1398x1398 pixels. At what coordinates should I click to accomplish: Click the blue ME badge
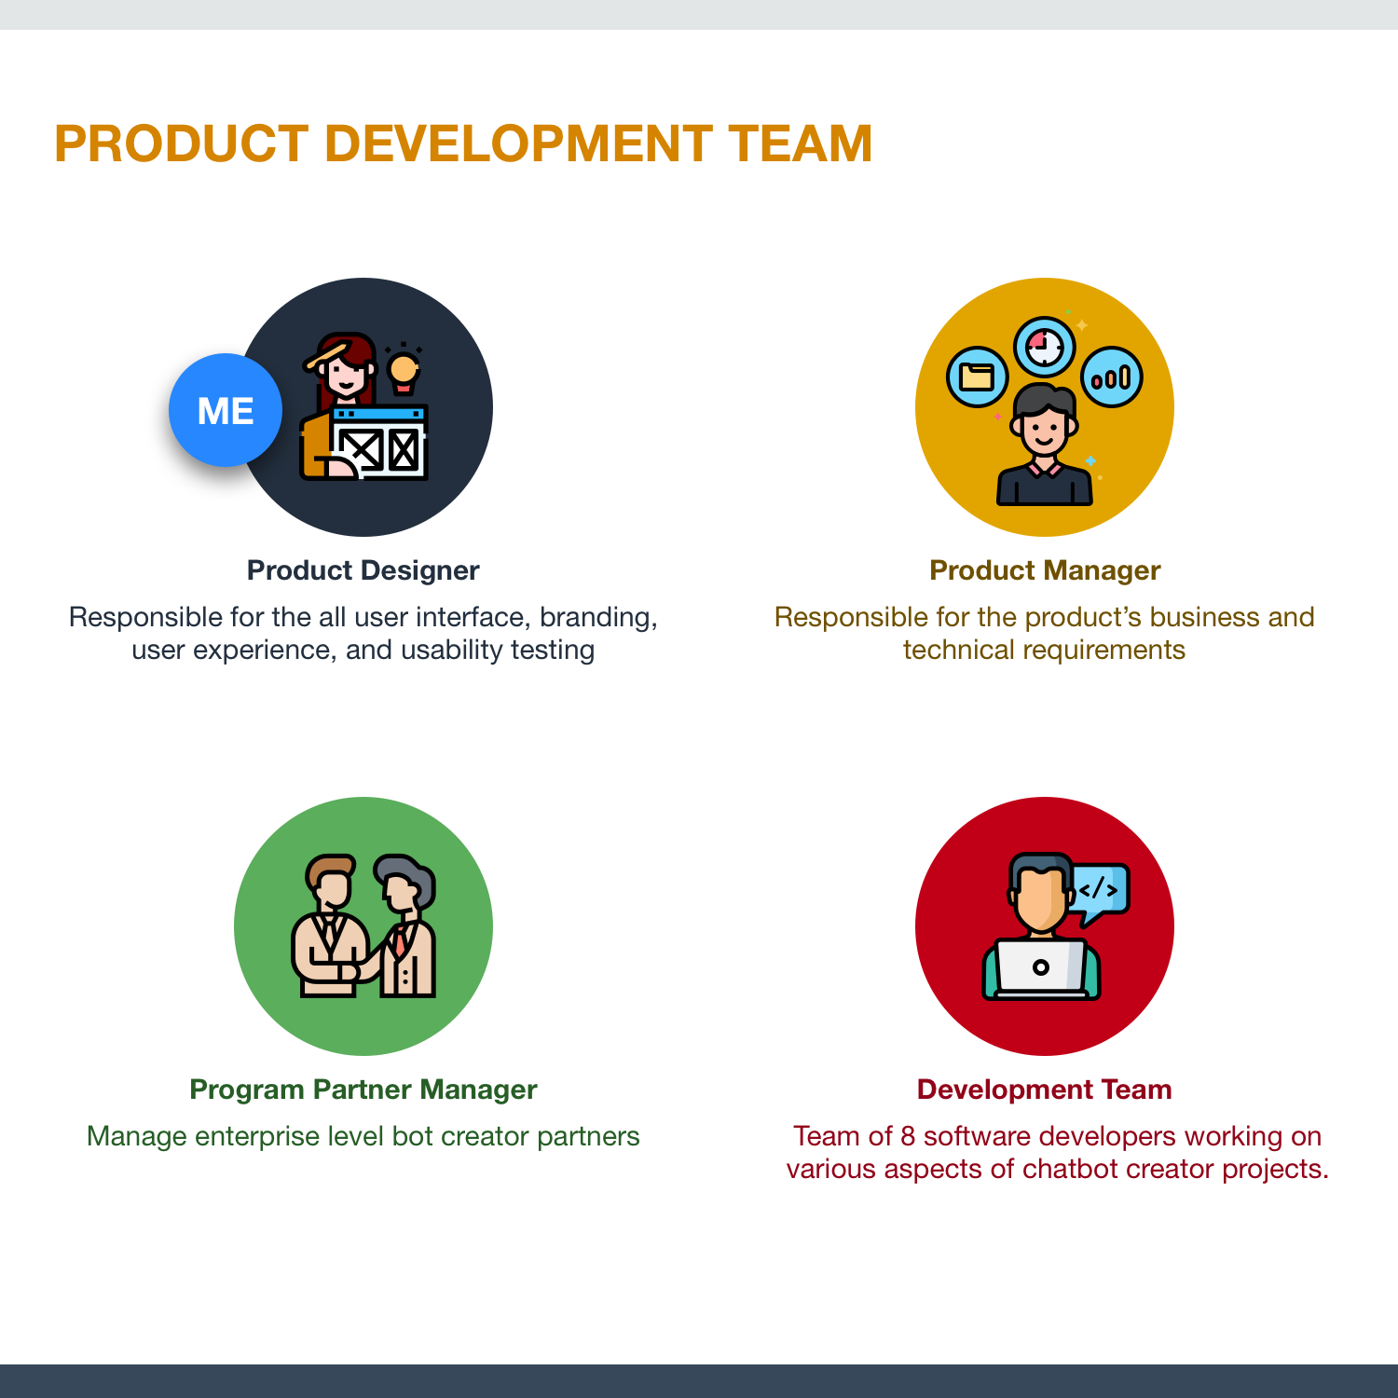point(226,410)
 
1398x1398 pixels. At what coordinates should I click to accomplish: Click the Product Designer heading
point(363,570)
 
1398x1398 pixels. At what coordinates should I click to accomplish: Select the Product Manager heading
point(1045,570)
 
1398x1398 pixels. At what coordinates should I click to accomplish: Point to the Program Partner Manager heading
point(363,1090)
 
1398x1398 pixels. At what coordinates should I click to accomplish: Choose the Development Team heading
point(1045,1090)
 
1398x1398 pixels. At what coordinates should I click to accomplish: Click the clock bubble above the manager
point(1045,348)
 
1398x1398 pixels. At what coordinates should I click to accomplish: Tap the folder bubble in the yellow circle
point(977,377)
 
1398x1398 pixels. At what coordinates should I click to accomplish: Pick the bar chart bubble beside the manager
point(1112,377)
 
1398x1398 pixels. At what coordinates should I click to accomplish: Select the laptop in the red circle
point(1041,969)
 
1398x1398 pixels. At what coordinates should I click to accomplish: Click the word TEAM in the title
point(801,144)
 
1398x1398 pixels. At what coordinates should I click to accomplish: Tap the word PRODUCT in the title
point(181,144)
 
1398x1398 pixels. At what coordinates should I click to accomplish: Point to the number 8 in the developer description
point(908,1136)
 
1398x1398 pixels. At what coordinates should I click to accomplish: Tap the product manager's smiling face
point(1045,429)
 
